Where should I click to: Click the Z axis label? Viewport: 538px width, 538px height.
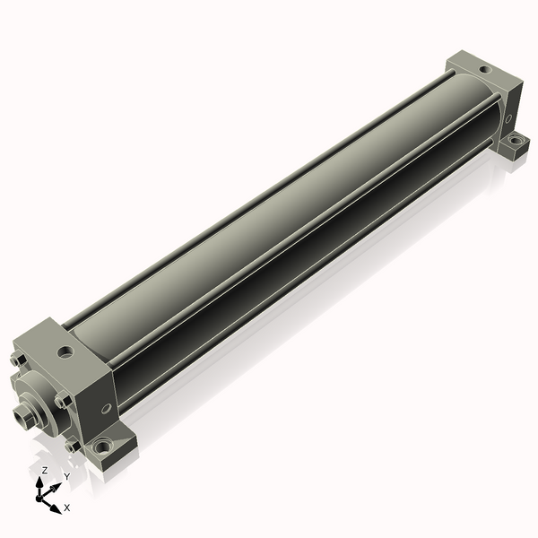coord(44,471)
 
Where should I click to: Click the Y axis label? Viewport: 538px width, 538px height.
coord(67,477)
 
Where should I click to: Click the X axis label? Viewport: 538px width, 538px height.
coord(67,508)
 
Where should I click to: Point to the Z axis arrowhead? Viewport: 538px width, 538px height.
coord(39,482)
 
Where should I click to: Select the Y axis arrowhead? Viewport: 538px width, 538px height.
coord(56,487)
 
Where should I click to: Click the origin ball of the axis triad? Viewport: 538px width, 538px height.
coord(39,498)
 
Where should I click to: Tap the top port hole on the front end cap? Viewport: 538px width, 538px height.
coord(65,351)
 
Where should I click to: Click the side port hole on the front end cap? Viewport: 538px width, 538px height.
coord(107,408)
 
